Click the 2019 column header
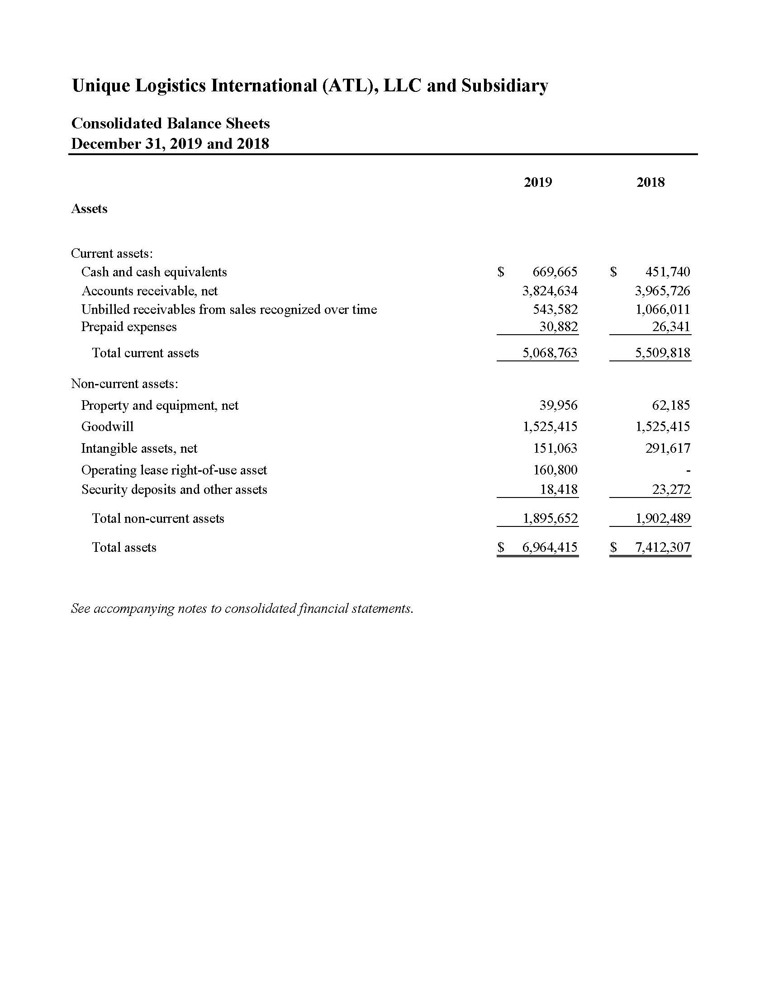point(537,182)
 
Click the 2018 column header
point(650,182)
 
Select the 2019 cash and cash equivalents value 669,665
point(555,272)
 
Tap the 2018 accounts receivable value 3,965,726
point(662,291)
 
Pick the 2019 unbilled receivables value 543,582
point(555,309)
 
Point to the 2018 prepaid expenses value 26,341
point(671,327)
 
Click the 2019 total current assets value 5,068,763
point(550,353)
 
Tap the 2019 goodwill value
point(550,426)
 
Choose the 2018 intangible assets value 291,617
point(667,448)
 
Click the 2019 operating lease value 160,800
point(555,470)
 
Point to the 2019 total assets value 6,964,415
point(550,547)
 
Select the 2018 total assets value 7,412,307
point(662,547)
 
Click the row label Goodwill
point(108,426)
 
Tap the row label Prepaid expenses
point(129,327)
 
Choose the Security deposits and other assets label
point(174,489)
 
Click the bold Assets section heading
point(89,208)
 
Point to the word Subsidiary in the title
point(504,85)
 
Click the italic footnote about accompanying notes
point(242,609)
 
